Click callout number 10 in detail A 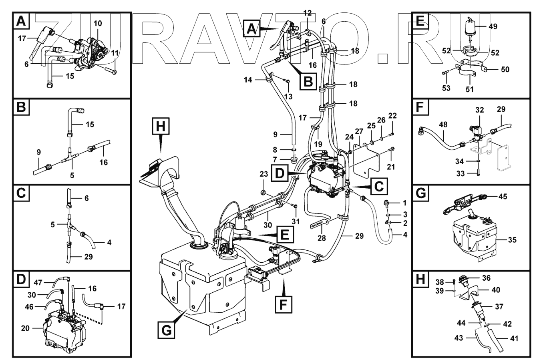tap(98, 23)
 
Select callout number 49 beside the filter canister tap(493, 27)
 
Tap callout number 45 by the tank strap tap(503, 196)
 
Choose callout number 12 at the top tap(307, 13)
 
